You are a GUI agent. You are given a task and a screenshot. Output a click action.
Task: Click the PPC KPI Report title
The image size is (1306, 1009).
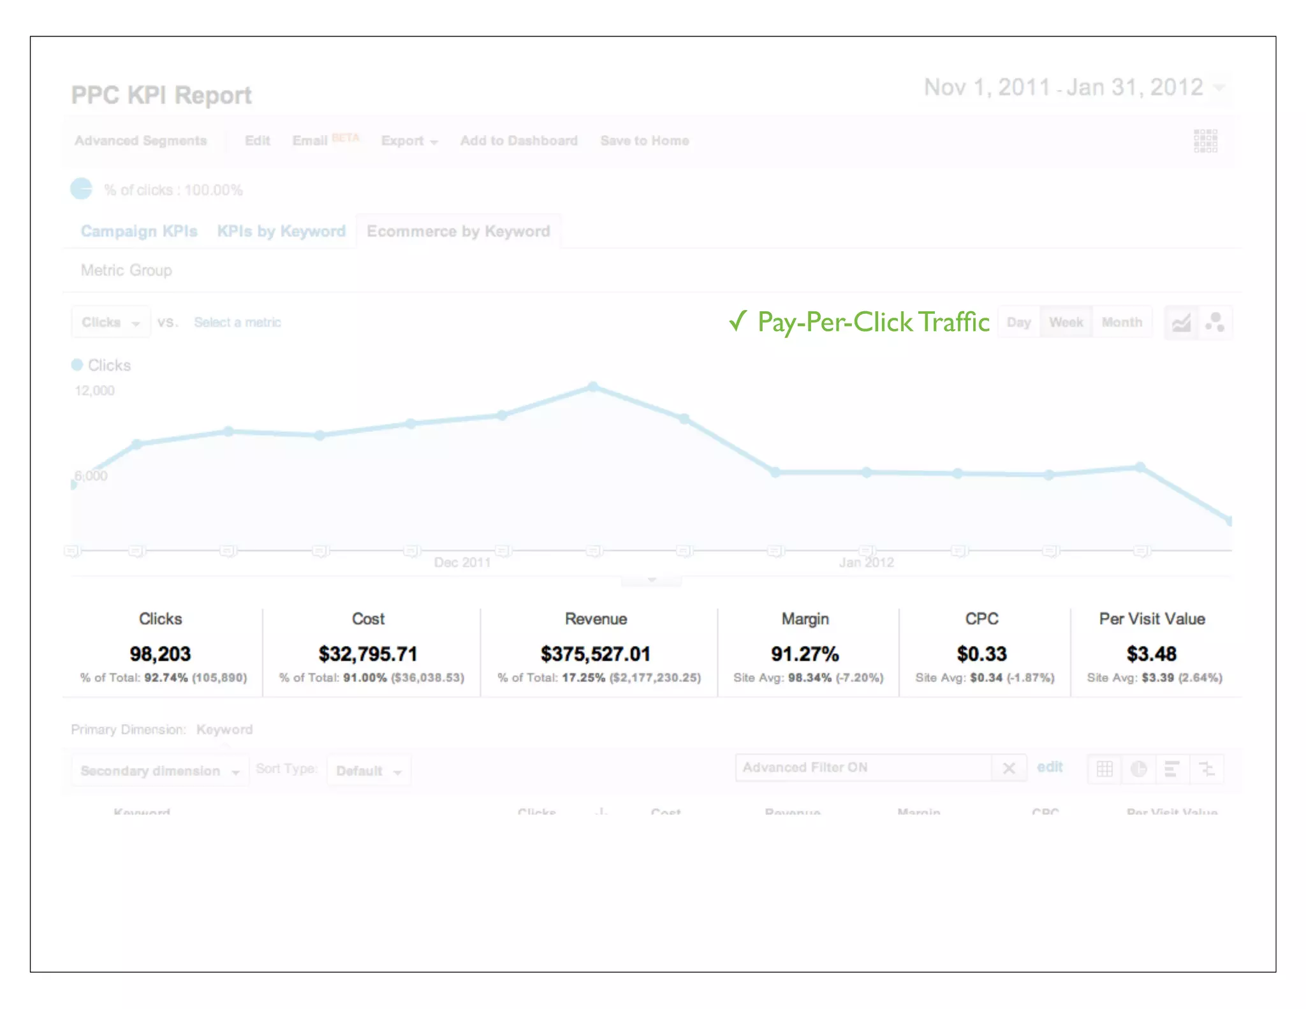161,96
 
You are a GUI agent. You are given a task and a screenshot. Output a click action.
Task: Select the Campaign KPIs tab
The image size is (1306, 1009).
139,231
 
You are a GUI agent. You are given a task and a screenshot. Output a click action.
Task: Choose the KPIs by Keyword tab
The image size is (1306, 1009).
281,231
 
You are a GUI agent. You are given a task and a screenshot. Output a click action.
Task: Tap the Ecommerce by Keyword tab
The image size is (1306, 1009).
458,231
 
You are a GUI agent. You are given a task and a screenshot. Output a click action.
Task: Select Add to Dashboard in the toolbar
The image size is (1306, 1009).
518,141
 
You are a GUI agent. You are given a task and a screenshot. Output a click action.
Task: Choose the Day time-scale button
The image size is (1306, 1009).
1018,322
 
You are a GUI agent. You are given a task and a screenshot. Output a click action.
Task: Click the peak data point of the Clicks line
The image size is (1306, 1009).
593,387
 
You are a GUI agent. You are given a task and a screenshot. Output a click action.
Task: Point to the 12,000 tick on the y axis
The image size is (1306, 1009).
94,391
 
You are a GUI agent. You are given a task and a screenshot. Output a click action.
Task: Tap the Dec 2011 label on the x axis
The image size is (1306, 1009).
462,563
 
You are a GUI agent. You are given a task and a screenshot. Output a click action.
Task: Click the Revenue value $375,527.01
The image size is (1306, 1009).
595,654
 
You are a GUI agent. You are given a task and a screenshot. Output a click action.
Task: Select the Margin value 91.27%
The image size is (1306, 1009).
805,654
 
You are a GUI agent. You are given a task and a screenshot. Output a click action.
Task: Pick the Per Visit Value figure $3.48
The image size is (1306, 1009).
1151,654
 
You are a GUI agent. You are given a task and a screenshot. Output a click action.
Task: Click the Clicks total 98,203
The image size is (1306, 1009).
160,654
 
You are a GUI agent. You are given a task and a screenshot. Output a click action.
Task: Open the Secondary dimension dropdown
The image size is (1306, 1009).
159,770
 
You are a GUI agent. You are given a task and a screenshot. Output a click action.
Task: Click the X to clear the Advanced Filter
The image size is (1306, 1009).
1009,768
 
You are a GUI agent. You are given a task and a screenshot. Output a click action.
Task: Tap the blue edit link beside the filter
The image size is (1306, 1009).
1050,767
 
